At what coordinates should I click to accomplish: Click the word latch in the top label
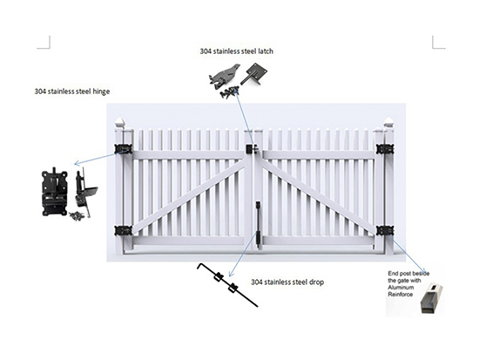click(x=265, y=51)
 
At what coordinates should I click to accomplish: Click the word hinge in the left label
click(x=101, y=92)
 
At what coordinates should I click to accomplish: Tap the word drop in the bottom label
click(x=316, y=282)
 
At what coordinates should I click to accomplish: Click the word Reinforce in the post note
click(x=401, y=295)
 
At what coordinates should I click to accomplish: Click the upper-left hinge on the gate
click(x=124, y=149)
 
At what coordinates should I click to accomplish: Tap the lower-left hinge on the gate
click(x=124, y=231)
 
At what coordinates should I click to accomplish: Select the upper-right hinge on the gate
click(x=385, y=149)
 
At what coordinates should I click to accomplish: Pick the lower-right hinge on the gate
click(x=385, y=231)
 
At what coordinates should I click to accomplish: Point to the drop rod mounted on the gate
click(x=258, y=224)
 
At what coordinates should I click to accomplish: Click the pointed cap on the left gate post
click(x=120, y=123)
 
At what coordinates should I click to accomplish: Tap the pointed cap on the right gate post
click(x=388, y=122)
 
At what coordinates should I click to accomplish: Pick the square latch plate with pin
click(x=253, y=74)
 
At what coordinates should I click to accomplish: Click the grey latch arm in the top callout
click(x=224, y=77)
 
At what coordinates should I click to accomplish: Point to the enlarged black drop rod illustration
click(x=227, y=285)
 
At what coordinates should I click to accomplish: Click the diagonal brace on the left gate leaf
click(x=189, y=196)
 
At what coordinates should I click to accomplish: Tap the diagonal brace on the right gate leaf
click(x=318, y=196)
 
